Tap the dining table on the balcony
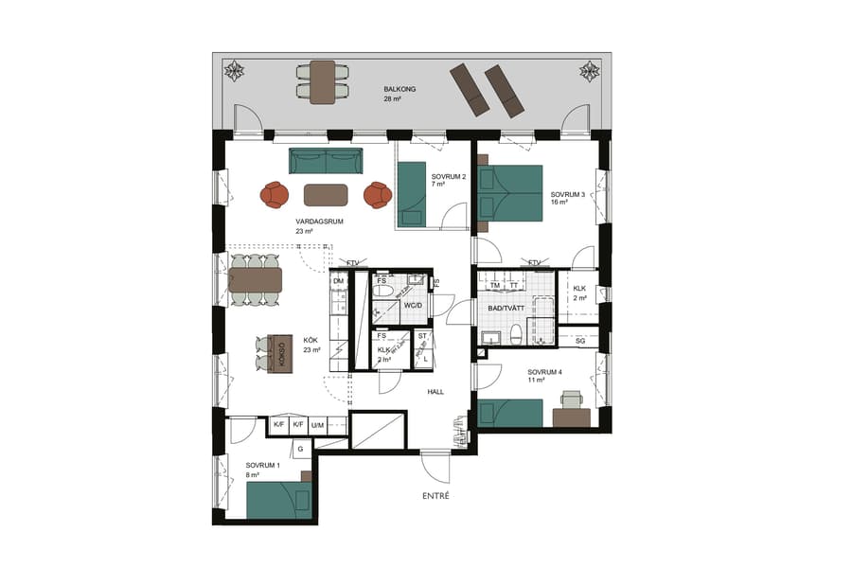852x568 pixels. [x=322, y=81]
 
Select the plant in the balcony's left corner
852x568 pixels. [x=233, y=71]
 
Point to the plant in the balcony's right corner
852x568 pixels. [x=589, y=71]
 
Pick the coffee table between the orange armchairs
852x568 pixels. [x=325, y=195]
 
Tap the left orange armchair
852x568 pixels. [x=275, y=195]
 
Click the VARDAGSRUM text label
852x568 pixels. [x=318, y=222]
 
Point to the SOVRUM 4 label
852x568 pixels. [x=544, y=372]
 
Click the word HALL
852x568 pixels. [x=435, y=391]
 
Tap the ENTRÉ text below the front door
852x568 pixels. [x=435, y=496]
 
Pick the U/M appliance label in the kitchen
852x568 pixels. [x=318, y=426]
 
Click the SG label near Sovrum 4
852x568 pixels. [x=580, y=341]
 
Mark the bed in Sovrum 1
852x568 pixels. [x=279, y=499]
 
